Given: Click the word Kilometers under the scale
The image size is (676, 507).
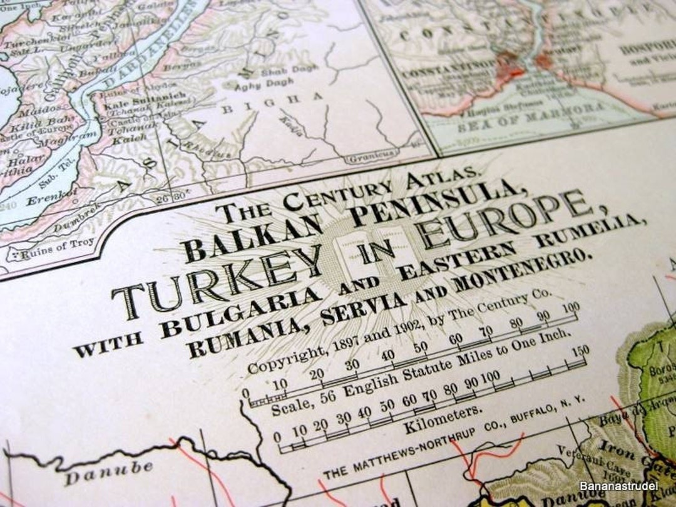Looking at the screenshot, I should click(443, 419).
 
